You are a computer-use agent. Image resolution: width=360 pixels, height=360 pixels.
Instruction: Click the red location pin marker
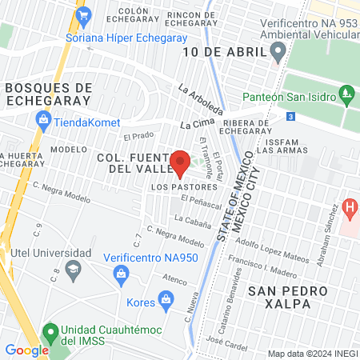pos(180,162)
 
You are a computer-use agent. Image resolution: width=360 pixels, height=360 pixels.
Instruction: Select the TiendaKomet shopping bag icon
pos(43,122)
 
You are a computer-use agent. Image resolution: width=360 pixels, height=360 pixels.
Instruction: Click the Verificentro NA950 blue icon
pos(121,274)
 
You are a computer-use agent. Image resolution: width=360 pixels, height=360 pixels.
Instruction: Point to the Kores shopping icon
pos(166,302)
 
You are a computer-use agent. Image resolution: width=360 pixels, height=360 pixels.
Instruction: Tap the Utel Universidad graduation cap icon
pos(74,267)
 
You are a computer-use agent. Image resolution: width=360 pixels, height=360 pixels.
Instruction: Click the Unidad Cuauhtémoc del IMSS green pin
pos(50,330)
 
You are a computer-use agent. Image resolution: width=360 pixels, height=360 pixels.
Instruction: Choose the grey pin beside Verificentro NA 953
pos(278,54)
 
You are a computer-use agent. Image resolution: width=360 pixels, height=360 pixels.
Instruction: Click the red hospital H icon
pos(350,210)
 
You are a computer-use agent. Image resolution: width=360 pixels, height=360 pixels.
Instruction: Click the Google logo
pos(26,350)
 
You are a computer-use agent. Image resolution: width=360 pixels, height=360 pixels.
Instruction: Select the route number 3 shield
pos(290,117)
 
